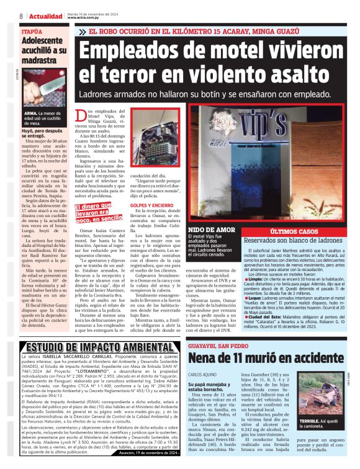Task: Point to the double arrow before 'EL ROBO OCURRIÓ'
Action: (82, 31)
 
